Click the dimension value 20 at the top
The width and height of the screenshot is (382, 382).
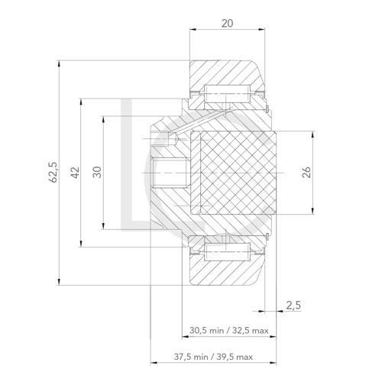[x=227, y=24]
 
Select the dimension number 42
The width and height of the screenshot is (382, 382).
[x=73, y=173]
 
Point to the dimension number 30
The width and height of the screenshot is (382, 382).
[x=96, y=172]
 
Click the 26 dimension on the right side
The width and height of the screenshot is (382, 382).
[x=306, y=173]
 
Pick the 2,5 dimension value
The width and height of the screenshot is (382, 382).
[x=293, y=305]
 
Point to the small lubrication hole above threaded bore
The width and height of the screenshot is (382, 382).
[x=161, y=138]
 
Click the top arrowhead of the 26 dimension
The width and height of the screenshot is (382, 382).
[x=312, y=134]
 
